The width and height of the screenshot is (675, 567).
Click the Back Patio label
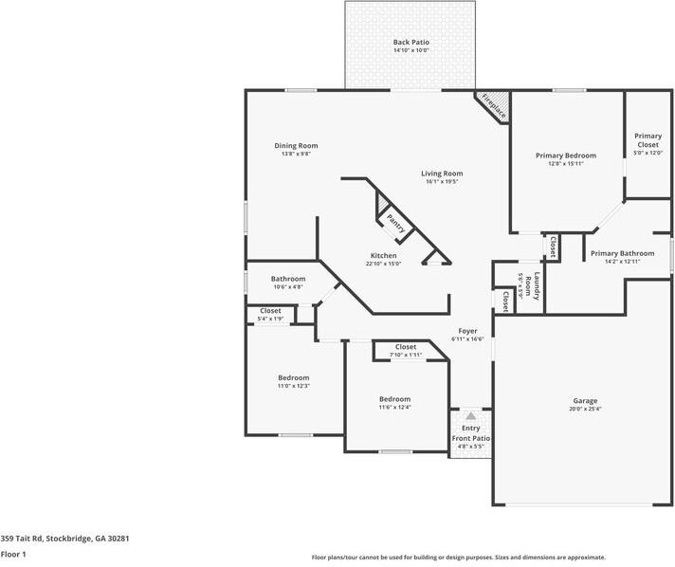click(410, 43)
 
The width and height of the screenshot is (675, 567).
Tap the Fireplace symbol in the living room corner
click(494, 107)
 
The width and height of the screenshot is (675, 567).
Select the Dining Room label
click(295, 145)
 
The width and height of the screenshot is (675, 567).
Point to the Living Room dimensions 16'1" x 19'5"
click(442, 182)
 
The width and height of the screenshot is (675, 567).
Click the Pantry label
click(396, 224)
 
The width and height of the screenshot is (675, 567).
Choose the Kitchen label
click(384, 256)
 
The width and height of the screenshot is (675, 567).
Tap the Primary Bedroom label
click(565, 155)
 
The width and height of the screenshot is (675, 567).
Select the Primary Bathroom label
click(622, 253)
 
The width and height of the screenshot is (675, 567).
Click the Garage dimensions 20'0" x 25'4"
click(585, 409)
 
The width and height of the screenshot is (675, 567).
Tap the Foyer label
click(467, 331)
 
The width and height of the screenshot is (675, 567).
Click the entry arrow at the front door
click(470, 416)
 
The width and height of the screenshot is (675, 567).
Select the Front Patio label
click(470, 439)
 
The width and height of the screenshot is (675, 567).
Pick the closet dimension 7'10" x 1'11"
click(406, 355)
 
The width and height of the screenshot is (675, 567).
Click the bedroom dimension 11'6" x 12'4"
click(394, 408)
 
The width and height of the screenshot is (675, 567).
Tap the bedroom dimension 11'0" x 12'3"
click(293, 386)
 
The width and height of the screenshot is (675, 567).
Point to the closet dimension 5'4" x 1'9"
click(270, 319)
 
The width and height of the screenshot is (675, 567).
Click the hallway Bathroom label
click(288, 279)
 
